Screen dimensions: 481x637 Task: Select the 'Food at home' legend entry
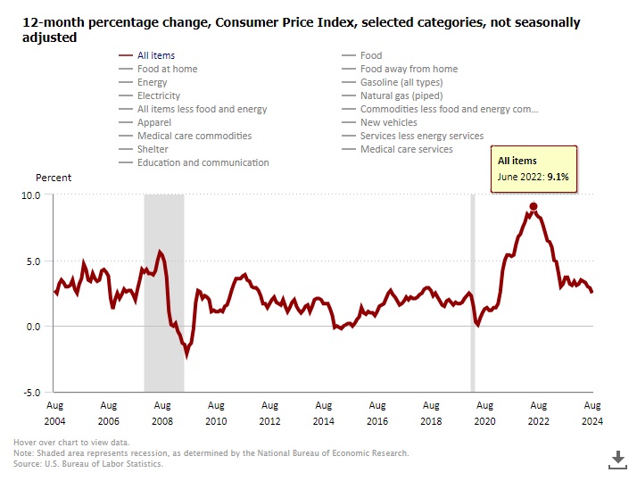coord(167,69)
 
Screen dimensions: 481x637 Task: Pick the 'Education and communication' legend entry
coord(203,162)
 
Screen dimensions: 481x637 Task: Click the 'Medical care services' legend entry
coord(406,149)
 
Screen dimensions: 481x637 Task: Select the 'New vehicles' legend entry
coord(388,122)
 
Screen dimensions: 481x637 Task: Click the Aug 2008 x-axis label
coord(162,412)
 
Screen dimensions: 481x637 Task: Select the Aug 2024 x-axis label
coord(591,412)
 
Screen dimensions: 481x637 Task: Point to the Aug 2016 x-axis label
coord(376,412)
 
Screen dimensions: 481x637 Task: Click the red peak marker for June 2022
coord(533,206)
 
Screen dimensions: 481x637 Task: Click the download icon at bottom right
coord(617,459)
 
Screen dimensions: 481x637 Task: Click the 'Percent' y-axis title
coord(54,178)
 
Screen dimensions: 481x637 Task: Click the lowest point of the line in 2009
coord(186,354)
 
